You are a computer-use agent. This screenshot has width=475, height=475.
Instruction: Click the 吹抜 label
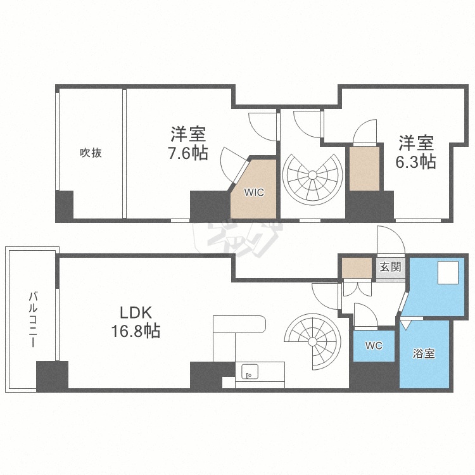coord(91,153)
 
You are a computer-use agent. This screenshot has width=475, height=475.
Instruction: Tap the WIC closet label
coord(254,192)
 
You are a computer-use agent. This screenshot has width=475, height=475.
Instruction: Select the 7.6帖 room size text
coord(188,153)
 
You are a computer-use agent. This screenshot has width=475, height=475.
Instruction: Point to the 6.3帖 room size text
coord(415,162)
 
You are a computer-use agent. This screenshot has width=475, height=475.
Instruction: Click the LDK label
coord(136,313)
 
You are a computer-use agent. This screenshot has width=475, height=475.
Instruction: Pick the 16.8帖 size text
coord(136,331)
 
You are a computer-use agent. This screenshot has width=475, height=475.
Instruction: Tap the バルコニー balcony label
coord(33,319)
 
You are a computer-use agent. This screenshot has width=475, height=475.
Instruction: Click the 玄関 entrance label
coord(391,267)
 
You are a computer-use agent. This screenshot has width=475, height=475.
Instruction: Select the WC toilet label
coord(374,345)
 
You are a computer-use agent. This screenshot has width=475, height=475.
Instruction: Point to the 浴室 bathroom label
coord(424,353)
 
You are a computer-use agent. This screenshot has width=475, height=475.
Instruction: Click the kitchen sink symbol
coord(250,371)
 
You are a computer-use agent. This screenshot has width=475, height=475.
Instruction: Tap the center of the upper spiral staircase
coord(312,175)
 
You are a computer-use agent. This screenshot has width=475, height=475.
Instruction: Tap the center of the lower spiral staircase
coord(312,342)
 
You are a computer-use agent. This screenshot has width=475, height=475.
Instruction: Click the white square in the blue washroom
coord(448,272)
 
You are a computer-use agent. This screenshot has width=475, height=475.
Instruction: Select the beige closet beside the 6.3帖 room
coord(364,168)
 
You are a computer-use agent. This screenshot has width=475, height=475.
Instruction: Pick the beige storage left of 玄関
coord(357,267)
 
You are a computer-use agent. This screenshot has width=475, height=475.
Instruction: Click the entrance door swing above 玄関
coord(391,240)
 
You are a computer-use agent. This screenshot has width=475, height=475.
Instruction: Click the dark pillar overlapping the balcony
coord(52,376)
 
